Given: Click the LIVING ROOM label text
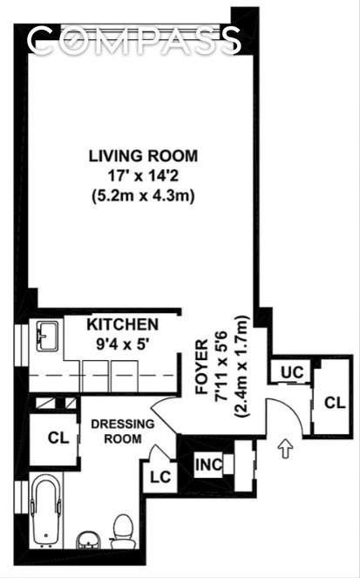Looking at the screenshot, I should [142, 156].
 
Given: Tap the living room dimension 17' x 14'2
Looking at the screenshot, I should [142, 176].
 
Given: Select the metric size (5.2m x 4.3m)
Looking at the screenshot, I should [142, 196].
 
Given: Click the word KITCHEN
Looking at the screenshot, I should [122, 323].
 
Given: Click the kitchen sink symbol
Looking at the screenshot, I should [47, 337].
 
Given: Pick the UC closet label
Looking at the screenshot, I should [291, 372].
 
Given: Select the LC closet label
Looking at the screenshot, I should [160, 477].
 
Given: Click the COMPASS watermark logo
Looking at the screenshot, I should [133, 39].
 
